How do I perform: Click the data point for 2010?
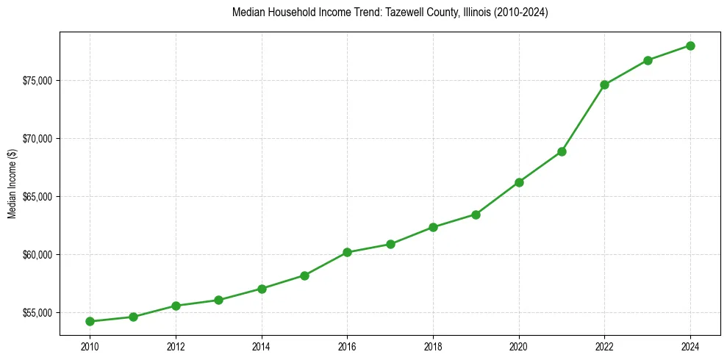90,321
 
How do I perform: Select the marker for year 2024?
691,46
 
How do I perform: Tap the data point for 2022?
604,84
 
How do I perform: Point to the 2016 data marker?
347,252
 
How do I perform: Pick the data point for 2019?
476,215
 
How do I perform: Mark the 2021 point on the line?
562,151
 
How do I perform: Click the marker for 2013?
218,300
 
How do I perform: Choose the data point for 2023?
648,60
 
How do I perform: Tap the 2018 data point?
433,227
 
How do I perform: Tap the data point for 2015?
304,276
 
